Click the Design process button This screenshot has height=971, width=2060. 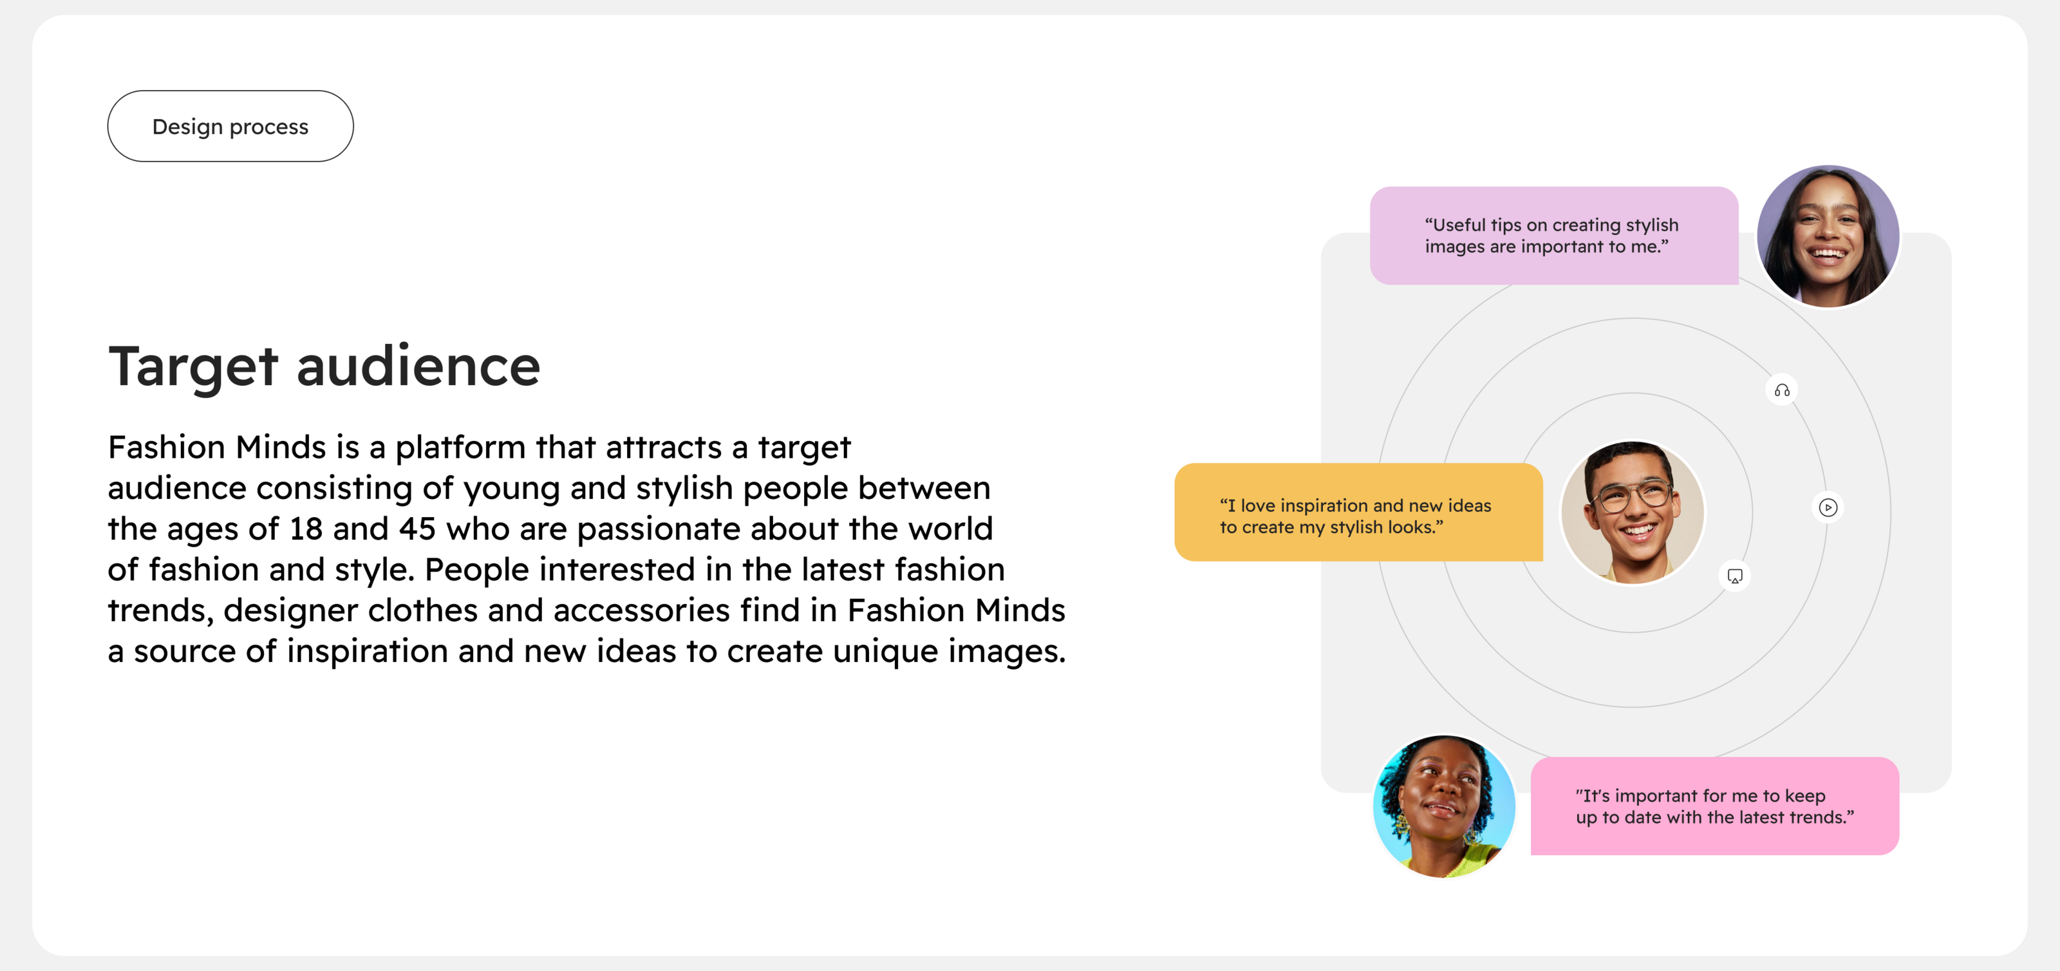point(230,126)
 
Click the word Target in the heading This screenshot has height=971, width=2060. point(192,366)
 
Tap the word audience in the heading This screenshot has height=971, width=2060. point(418,366)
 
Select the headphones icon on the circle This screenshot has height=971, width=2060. point(1782,390)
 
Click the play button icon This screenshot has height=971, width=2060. point(1828,507)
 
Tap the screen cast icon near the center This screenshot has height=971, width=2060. point(1734,576)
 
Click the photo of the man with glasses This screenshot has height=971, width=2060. point(1632,513)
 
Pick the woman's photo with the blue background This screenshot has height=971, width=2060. point(1444,806)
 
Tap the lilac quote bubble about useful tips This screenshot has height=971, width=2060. point(1554,236)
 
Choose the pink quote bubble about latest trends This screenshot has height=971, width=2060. point(1714,806)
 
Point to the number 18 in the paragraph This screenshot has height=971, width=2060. point(306,529)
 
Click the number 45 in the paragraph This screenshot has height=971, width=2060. point(417,529)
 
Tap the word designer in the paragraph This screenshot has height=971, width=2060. point(290,611)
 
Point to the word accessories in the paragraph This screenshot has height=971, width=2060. point(641,611)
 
